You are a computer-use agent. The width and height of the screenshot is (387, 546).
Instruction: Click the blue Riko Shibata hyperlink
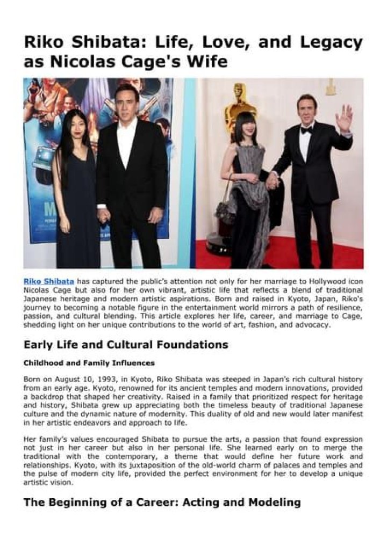click(49, 281)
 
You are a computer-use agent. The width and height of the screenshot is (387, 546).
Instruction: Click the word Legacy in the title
click(328, 42)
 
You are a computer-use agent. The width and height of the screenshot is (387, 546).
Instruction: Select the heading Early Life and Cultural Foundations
click(126, 344)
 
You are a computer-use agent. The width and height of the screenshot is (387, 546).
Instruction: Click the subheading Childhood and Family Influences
click(89, 363)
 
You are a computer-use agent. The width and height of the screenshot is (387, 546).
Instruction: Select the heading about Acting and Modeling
click(162, 503)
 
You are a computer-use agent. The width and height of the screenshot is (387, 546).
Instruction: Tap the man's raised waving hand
click(344, 118)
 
